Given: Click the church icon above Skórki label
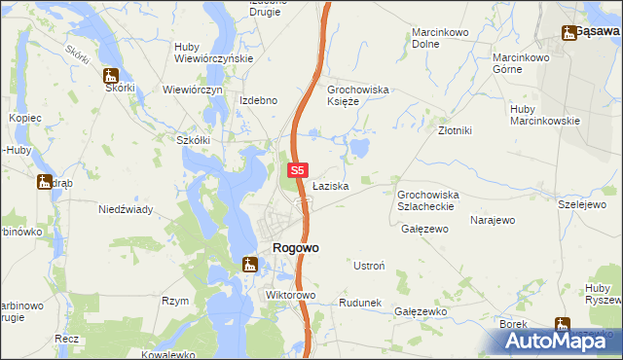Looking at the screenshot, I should click(111, 74).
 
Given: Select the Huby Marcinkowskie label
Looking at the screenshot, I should click(544, 115).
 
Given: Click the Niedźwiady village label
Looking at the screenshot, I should click(124, 209).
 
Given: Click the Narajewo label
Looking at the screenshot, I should click(492, 221).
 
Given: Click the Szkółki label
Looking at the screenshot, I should click(193, 140).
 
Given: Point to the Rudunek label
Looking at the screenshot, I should click(359, 304).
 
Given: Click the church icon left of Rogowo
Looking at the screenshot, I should click(249, 263).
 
